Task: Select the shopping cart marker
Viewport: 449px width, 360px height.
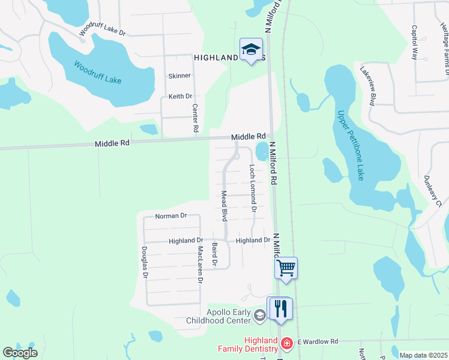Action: tap(286, 267)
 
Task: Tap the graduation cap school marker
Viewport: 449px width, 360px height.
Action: tap(251, 49)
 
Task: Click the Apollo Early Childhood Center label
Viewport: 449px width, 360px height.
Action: tap(228, 316)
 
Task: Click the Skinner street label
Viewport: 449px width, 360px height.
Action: tap(179, 76)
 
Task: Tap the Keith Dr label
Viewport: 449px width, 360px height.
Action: tap(180, 96)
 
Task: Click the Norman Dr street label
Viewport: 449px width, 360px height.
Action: tap(171, 215)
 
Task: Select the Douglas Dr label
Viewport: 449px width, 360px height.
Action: tap(144, 263)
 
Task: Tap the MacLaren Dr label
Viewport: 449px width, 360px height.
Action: tap(200, 264)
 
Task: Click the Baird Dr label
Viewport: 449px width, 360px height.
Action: tap(214, 255)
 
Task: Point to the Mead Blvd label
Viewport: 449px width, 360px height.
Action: tap(224, 206)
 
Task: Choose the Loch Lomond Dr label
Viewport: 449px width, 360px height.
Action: tap(253, 189)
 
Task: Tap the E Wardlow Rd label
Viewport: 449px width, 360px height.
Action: tap(318, 341)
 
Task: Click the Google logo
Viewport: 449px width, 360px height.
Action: tap(20, 352)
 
